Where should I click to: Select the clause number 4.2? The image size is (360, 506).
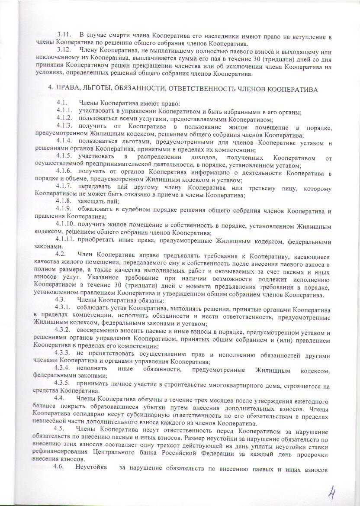61,254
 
